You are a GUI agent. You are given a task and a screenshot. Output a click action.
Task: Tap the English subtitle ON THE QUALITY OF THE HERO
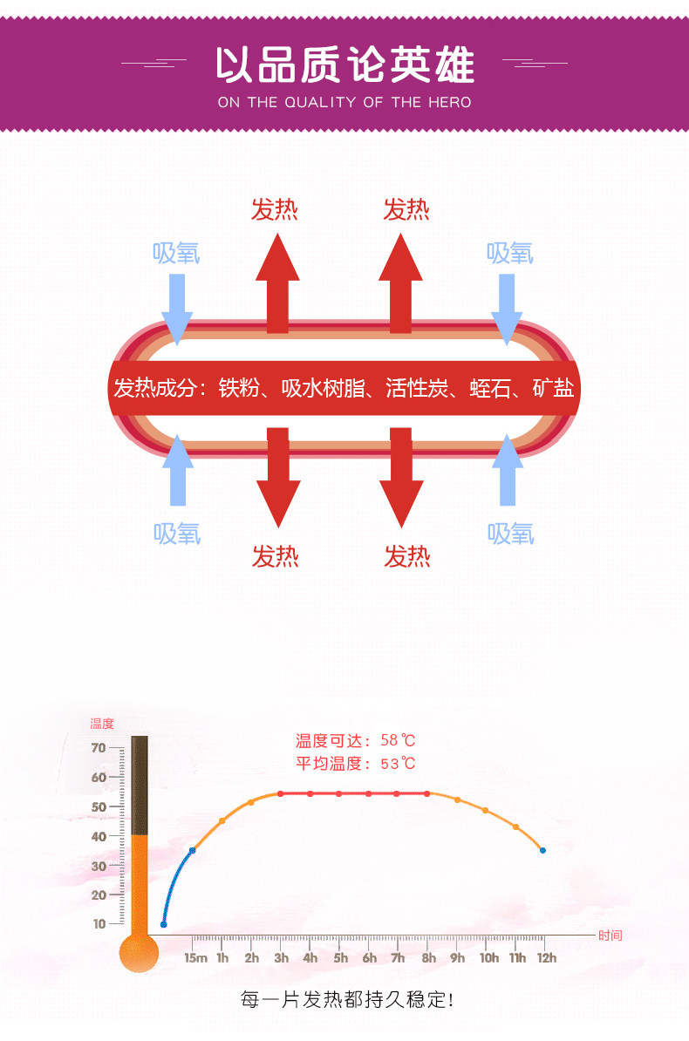pos(344,102)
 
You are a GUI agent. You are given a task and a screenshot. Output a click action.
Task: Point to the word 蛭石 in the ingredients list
pos(490,388)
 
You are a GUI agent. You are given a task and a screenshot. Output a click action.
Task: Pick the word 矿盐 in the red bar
pos(553,388)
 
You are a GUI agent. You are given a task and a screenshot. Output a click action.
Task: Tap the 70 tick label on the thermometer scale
pos(98,748)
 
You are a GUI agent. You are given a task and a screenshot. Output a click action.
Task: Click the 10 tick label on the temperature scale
pos(98,923)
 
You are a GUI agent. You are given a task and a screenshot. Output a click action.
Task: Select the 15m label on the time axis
pos(195,958)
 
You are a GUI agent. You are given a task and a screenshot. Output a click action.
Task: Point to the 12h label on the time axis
pos(546,958)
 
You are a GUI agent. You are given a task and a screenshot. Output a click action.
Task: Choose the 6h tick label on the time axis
pos(370,958)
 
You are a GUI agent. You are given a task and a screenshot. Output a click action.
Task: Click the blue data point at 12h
pos(542,850)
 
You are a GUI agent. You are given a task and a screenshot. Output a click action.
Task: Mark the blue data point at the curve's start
pos(163,924)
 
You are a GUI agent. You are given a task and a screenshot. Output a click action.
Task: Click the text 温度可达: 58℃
pos(355,741)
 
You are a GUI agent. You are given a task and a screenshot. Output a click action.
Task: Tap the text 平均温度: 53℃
pos(355,764)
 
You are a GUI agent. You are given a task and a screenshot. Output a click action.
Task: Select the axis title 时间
pos(611,936)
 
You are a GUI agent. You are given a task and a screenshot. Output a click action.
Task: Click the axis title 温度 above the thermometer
pos(102,724)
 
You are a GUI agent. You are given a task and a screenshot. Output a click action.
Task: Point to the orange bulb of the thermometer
pos(139,952)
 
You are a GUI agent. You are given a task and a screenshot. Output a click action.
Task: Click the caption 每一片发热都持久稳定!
pos(346,999)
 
